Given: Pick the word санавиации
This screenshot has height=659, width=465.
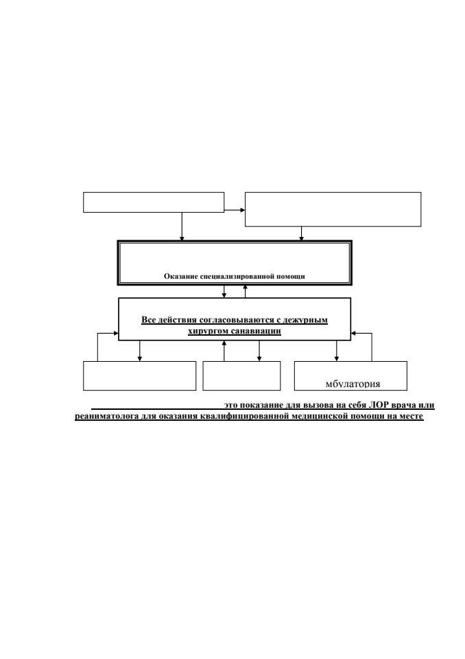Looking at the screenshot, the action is (257, 331).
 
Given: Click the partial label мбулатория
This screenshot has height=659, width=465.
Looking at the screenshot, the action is (353, 384).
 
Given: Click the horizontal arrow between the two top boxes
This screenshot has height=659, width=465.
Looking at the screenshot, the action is (235, 210).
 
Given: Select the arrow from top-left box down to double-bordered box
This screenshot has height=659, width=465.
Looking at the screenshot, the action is (182, 227).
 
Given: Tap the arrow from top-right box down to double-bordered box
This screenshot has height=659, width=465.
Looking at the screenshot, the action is (301, 234).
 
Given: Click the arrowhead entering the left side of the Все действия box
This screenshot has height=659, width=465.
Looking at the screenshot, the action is (117, 334).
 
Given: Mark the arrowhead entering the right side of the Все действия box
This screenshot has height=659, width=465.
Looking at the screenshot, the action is (354, 334).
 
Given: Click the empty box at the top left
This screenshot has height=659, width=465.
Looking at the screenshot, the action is (154, 203).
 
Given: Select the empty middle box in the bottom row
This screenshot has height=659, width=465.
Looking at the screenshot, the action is (242, 375).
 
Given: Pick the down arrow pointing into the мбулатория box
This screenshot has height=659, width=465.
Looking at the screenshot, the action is (337, 351).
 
